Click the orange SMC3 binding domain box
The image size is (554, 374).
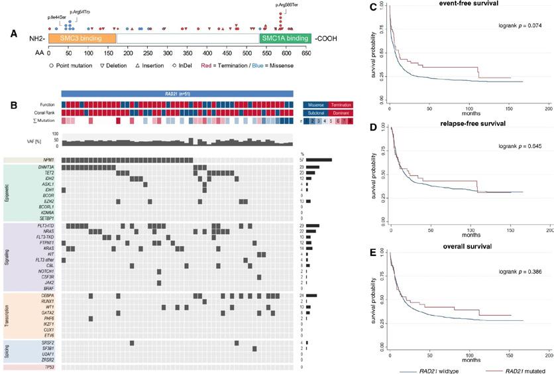tap(82, 39)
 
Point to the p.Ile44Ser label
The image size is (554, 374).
tap(57, 17)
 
